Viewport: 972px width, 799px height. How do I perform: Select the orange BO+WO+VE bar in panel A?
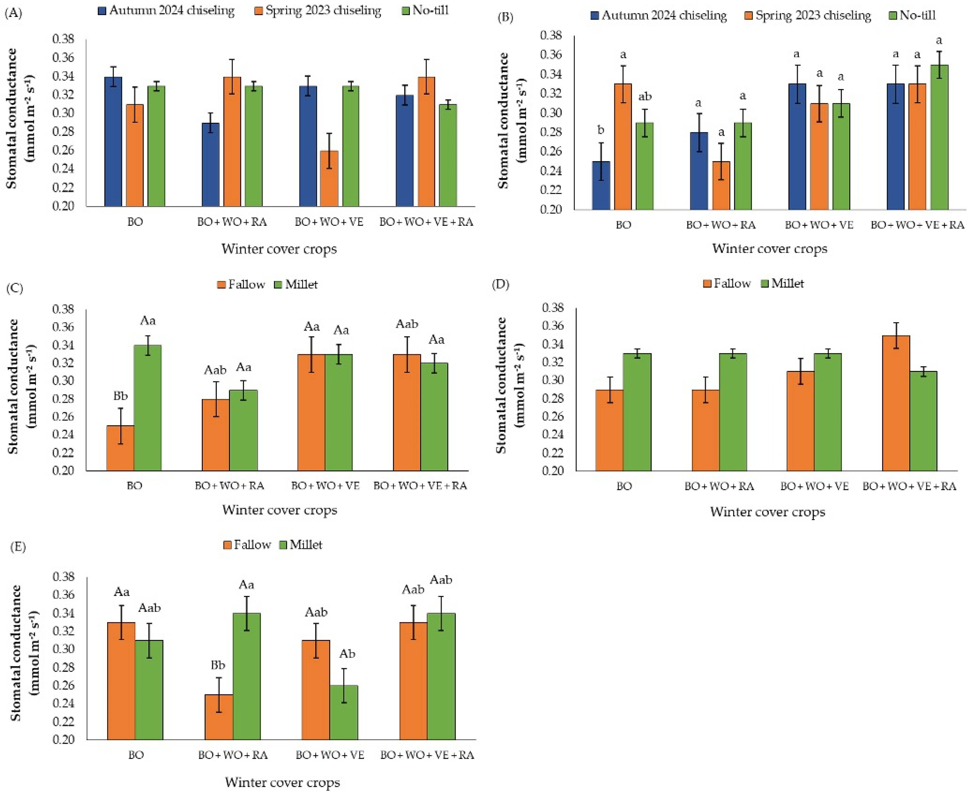[329, 179]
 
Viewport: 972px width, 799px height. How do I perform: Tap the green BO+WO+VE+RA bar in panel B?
[939, 137]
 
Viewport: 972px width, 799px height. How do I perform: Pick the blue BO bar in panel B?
[601, 186]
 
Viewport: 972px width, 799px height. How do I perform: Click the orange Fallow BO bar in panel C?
[120, 448]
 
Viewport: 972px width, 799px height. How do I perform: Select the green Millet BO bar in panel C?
[148, 408]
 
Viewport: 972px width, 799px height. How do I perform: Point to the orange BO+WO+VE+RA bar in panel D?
[896, 403]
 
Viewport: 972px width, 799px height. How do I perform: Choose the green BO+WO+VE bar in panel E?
[344, 712]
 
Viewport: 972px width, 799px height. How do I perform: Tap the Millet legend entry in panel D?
[783, 283]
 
